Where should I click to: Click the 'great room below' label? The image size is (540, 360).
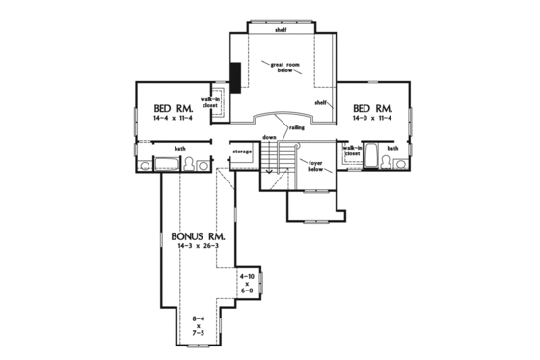tap(285, 68)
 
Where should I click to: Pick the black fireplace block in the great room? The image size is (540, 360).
tap(234, 73)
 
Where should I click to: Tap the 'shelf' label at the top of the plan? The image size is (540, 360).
tap(282, 29)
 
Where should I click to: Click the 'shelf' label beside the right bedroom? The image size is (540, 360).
tap(321, 101)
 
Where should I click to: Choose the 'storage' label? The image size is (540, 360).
tap(242, 152)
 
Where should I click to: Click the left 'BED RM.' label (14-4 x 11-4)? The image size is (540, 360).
tap(174, 110)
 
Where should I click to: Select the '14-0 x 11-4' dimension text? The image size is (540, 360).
tap(372, 119)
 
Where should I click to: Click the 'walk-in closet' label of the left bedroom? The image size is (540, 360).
tap(210, 103)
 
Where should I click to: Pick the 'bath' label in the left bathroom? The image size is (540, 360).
tap(180, 148)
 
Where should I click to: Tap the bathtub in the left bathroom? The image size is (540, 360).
tap(164, 164)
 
